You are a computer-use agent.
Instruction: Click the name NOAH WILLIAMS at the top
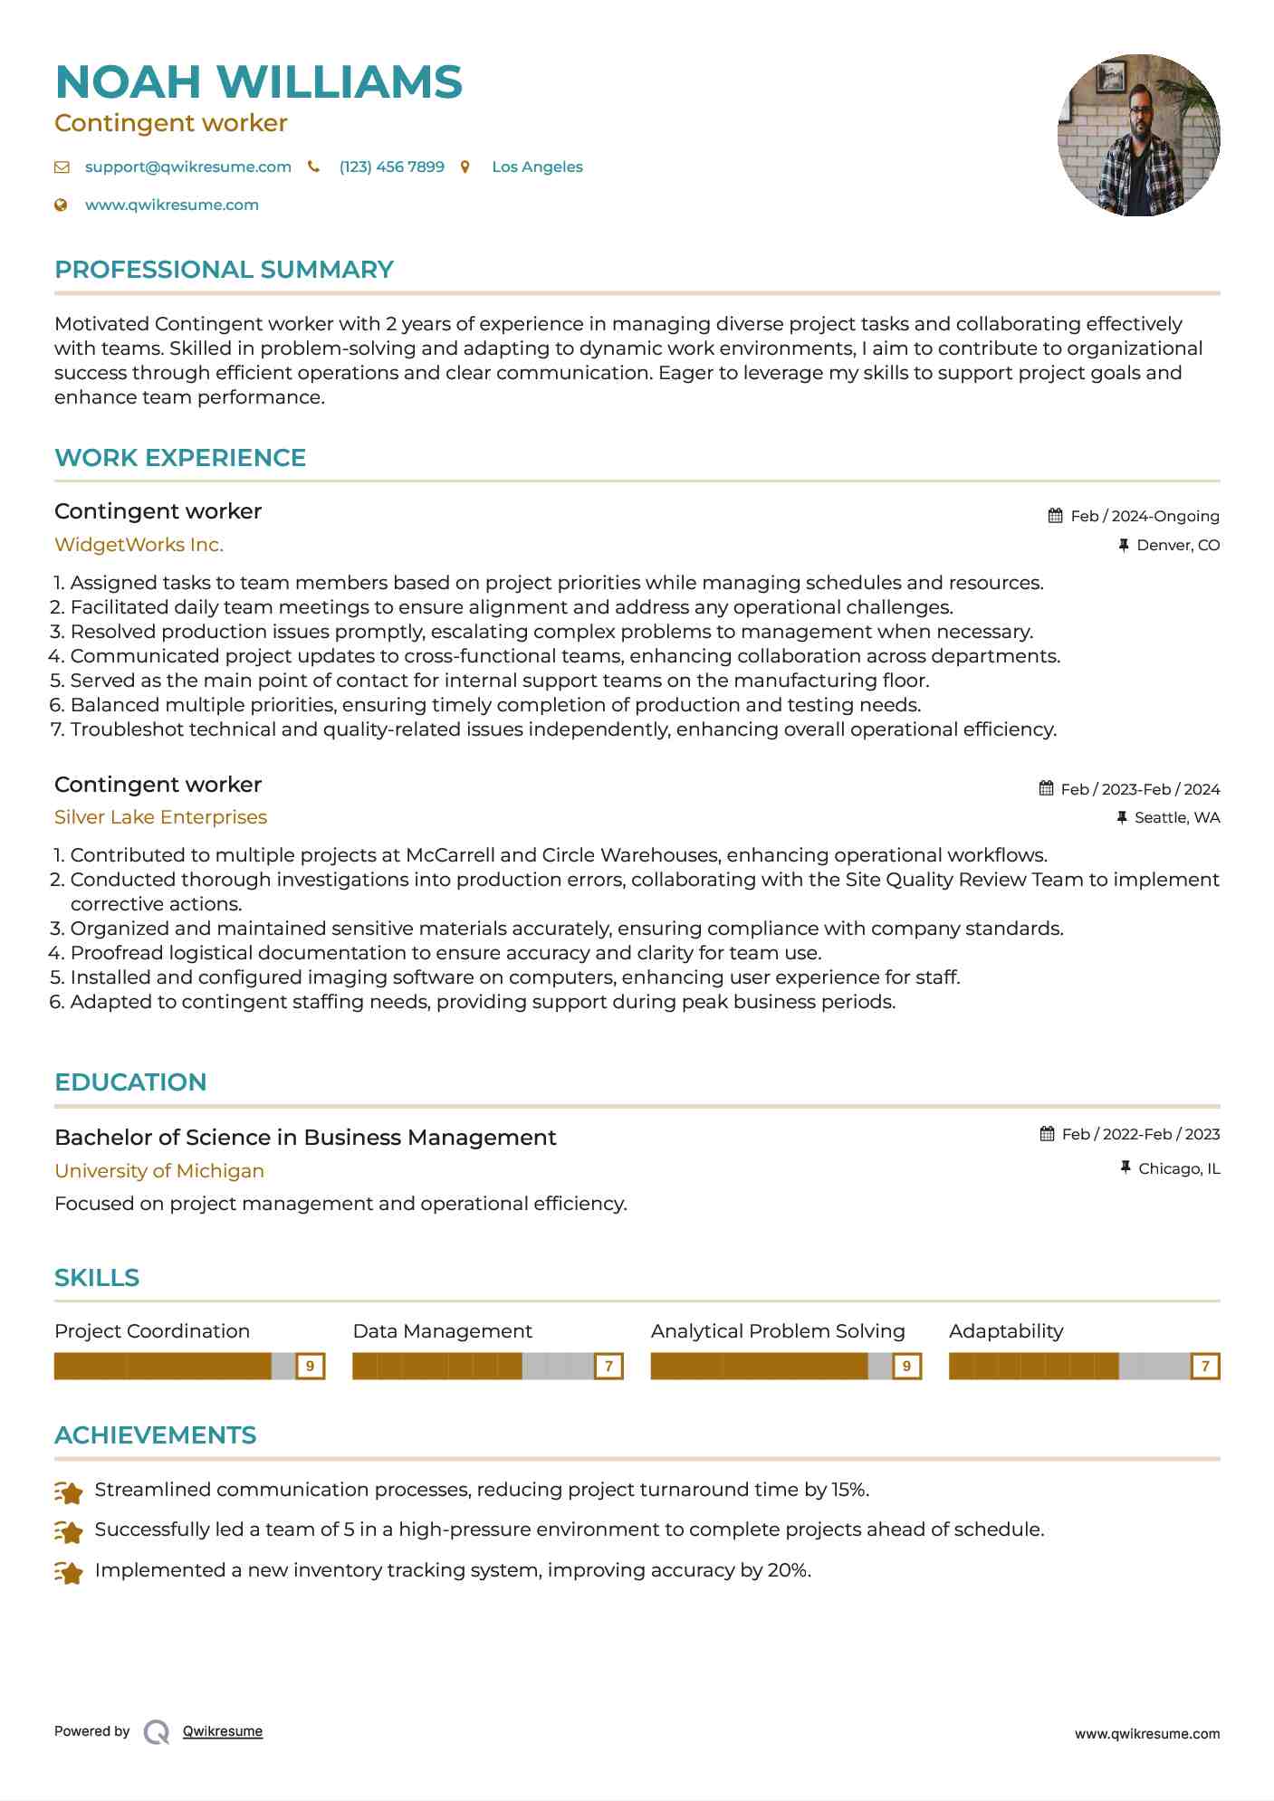pyautogui.click(x=258, y=82)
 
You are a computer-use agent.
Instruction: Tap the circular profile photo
pyautogui.click(x=1138, y=136)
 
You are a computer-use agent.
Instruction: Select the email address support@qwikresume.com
pyautogui.click(x=187, y=167)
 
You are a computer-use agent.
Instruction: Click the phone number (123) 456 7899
pyautogui.click(x=391, y=167)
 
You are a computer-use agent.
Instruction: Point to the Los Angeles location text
pyautogui.click(x=537, y=167)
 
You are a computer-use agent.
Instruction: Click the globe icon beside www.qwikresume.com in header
pyautogui.click(x=61, y=205)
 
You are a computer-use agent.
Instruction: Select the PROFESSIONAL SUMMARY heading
pyautogui.click(x=224, y=270)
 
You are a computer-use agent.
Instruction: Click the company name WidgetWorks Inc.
pyautogui.click(x=139, y=545)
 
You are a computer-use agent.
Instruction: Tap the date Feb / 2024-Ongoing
pyautogui.click(x=1145, y=517)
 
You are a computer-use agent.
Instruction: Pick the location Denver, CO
pyautogui.click(x=1178, y=546)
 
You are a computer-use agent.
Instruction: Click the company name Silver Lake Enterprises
pyautogui.click(x=160, y=817)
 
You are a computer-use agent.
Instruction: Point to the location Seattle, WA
pyautogui.click(x=1177, y=818)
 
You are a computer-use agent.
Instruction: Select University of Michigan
pyautogui.click(x=159, y=1171)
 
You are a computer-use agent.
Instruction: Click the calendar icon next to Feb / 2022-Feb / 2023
pyautogui.click(x=1048, y=1134)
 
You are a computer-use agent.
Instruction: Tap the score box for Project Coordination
pyautogui.click(x=310, y=1366)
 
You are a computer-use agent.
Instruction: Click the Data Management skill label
pyautogui.click(x=442, y=1331)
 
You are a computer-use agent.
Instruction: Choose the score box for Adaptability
pyautogui.click(x=1205, y=1366)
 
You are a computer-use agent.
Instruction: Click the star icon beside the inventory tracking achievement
pyautogui.click(x=69, y=1573)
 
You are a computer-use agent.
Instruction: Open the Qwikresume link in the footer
pyautogui.click(x=222, y=1731)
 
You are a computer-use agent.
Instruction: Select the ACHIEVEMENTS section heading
pyautogui.click(x=155, y=1435)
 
